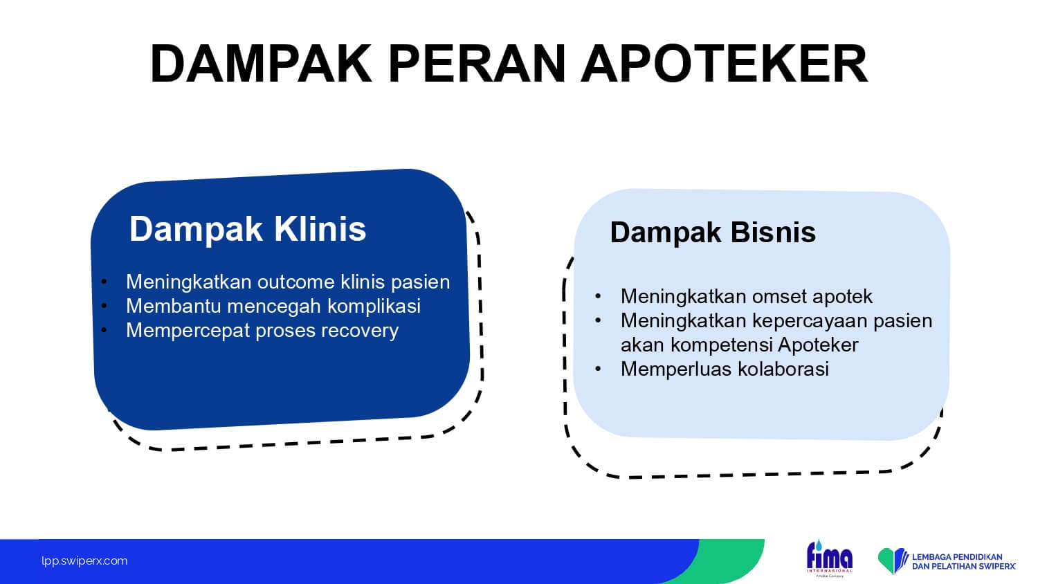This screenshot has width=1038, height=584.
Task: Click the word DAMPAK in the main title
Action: coord(261,64)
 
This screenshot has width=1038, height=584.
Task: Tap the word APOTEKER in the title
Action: coord(725,64)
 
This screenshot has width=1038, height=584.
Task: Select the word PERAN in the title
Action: coord(477,64)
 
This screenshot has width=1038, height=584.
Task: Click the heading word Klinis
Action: coord(320,228)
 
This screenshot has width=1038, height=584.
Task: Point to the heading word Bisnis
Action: coord(773,232)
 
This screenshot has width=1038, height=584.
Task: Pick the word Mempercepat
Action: coord(188,331)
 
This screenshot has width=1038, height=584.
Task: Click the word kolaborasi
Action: coord(783,369)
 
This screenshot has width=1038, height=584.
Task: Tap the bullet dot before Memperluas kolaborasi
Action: coord(598,369)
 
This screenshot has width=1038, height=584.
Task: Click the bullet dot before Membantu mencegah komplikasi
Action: coord(104,306)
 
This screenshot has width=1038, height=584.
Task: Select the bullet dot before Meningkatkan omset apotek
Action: coord(598,297)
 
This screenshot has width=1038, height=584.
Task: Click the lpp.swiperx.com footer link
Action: coord(84,561)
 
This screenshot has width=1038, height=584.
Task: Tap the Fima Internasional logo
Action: coord(829,558)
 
